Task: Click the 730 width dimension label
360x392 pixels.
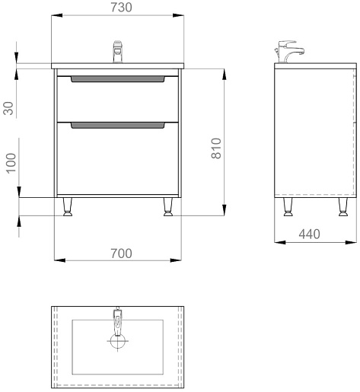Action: click(x=121, y=8)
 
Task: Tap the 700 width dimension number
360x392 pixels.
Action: click(x=121, y=253)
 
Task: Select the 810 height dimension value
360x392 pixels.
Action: click(x=216, y=148)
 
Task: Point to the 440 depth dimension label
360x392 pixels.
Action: click(x=309, y=234)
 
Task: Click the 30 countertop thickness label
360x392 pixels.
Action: click(x=8, y=108)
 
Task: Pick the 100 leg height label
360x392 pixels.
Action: click(x=11, y=164)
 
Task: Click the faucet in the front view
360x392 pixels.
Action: click(x=117, y=52)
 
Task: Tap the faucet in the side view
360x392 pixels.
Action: click(x=289, y=52)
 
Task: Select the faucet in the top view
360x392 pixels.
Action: click(x=117, y=321)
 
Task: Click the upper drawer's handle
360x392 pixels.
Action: click(x=118, y=79)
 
